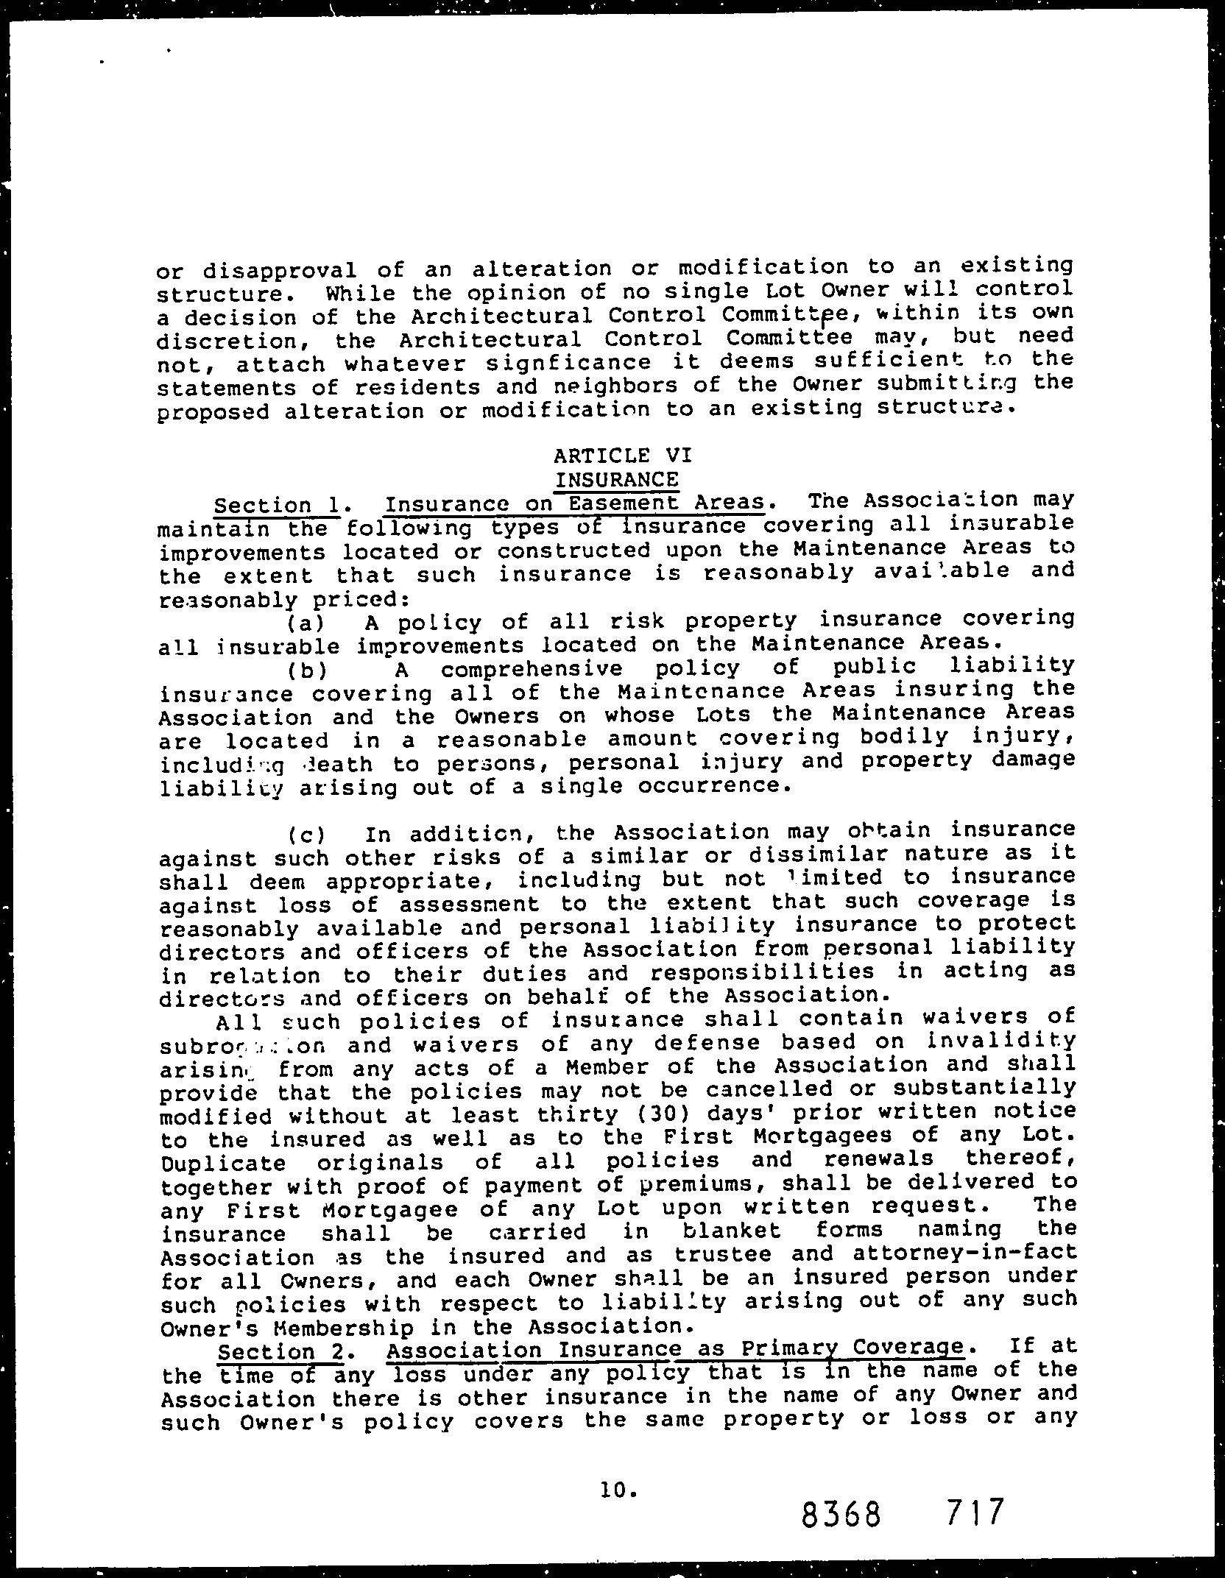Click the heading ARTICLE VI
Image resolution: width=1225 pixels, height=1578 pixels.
pyautogui.click(x=616, y=456)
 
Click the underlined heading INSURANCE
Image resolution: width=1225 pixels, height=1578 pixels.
pyautogui.click(x=616, y=480)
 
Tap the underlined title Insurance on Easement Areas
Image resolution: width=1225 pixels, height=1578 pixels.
pyautogui.click(x=574, y=503)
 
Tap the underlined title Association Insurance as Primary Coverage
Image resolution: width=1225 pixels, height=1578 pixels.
pyautogui.click(x=675, y=1349)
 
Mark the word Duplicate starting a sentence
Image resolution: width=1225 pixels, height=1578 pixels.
pyautogui.click(x=223, y=1164)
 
